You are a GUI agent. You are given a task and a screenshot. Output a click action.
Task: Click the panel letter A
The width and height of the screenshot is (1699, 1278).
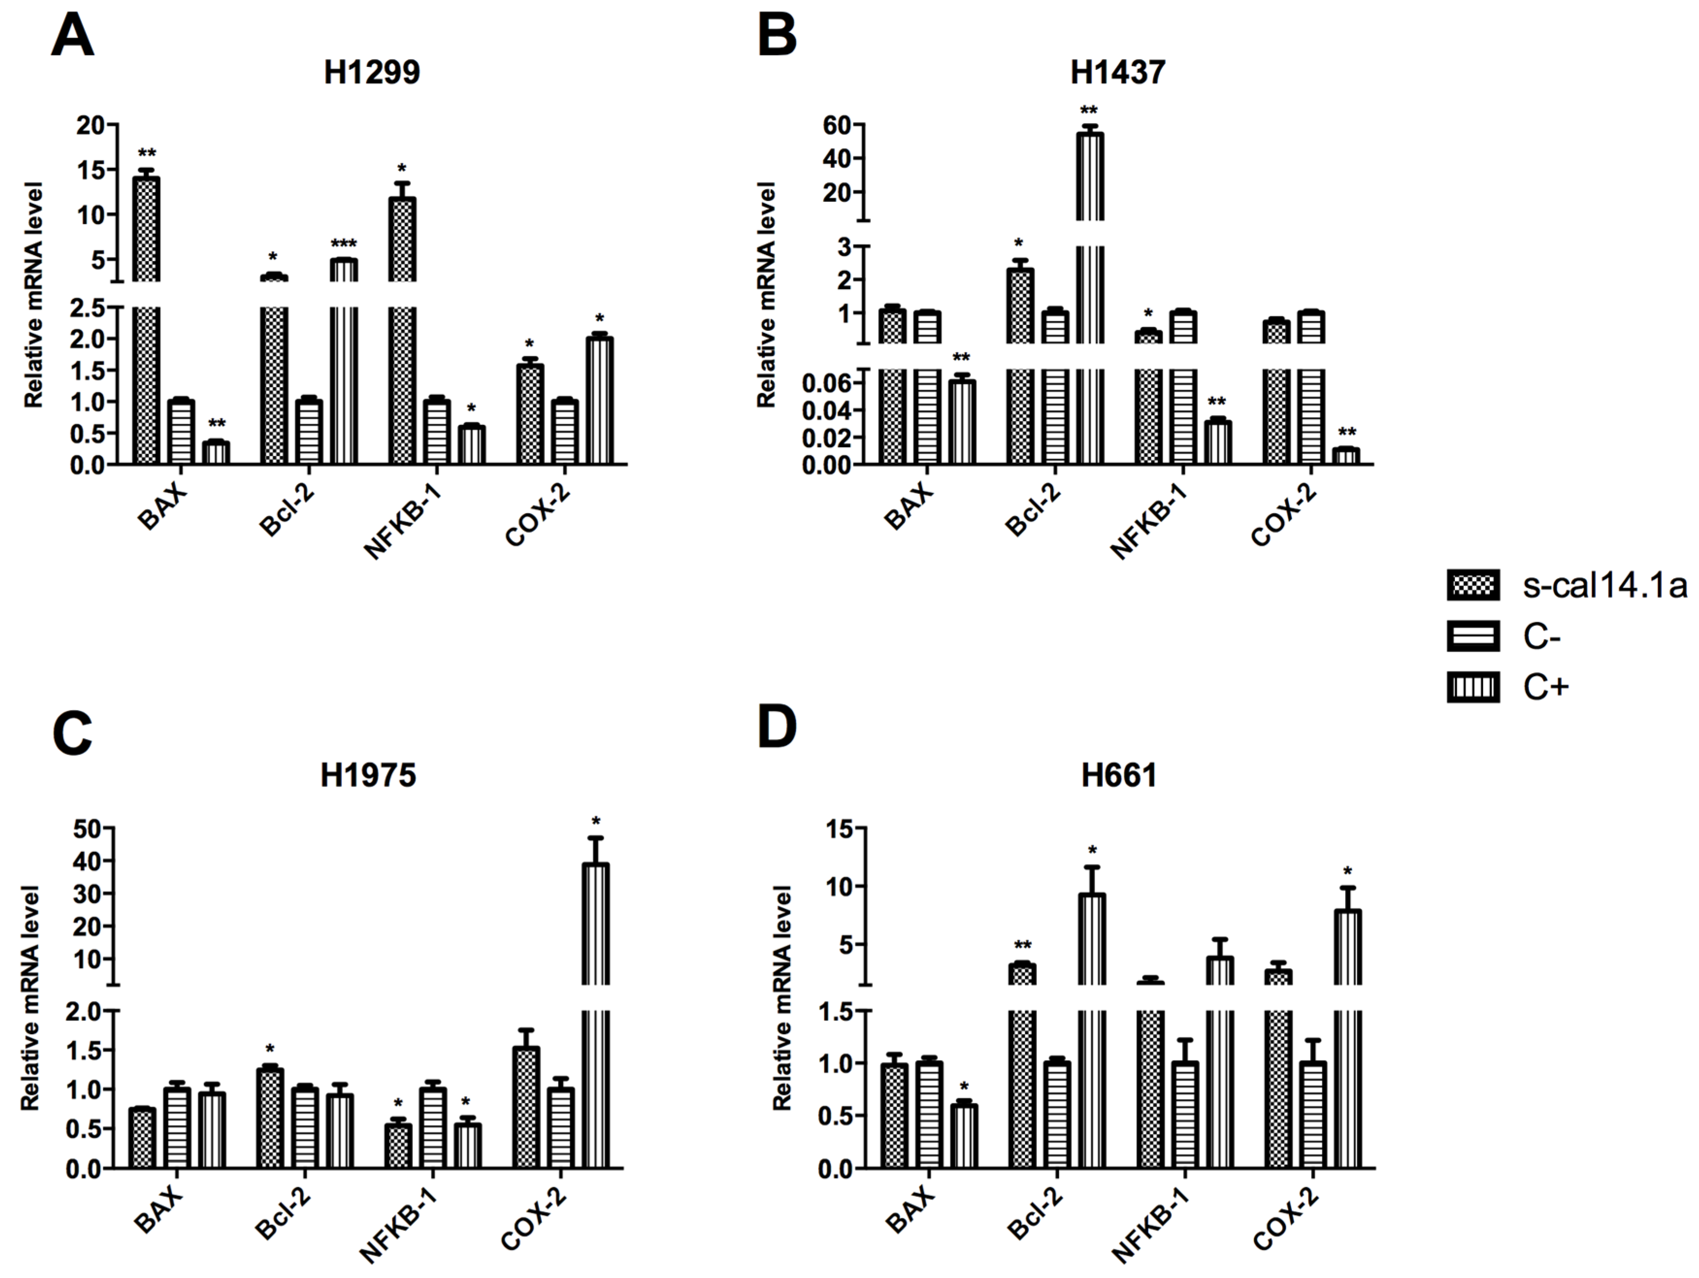click(72, 36)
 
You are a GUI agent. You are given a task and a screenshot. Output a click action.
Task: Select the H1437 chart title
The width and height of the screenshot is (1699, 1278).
click(1118, 73)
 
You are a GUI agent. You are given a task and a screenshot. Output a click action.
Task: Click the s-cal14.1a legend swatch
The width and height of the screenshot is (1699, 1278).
click(1472, 586)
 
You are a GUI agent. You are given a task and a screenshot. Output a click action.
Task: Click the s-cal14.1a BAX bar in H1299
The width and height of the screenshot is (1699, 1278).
click(146, 323)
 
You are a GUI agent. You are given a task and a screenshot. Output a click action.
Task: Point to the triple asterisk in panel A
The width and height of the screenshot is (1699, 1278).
click(343, 244)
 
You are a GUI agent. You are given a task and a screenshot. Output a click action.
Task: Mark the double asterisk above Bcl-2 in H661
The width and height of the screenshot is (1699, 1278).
click(1022, 945)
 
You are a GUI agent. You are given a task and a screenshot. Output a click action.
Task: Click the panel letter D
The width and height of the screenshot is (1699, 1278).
click(777, 728)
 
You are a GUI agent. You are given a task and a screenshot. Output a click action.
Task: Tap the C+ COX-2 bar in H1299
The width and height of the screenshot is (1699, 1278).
click(599, 399)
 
